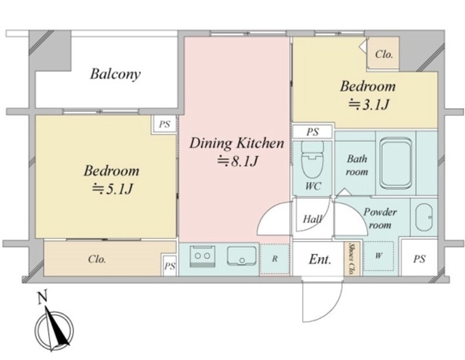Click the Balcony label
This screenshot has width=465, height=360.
coord(115,74)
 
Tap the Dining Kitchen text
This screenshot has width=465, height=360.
coord(237,143)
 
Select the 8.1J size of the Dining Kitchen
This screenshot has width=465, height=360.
coord(237,161)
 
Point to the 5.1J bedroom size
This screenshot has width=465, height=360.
coord(112,189)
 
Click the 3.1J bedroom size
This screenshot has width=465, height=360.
coord(368,105)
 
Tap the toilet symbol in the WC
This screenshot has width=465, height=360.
coord(312,159)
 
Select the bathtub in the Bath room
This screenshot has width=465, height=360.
coord(396,163)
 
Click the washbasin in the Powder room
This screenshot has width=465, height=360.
coord(424,218)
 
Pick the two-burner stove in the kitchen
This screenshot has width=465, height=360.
coord(202,255)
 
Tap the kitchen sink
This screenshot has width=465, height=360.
coord(242,255)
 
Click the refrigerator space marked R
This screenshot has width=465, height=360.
coord(275,259)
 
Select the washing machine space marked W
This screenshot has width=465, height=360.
coord(379,256)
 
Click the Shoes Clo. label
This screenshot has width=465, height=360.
coord(352,259)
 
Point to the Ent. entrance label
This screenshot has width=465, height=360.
coord(320,259)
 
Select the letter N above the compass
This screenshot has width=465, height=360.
coord(43,298)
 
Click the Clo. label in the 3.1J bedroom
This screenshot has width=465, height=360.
coord(384,54)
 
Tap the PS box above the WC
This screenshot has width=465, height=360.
coord(313,132)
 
